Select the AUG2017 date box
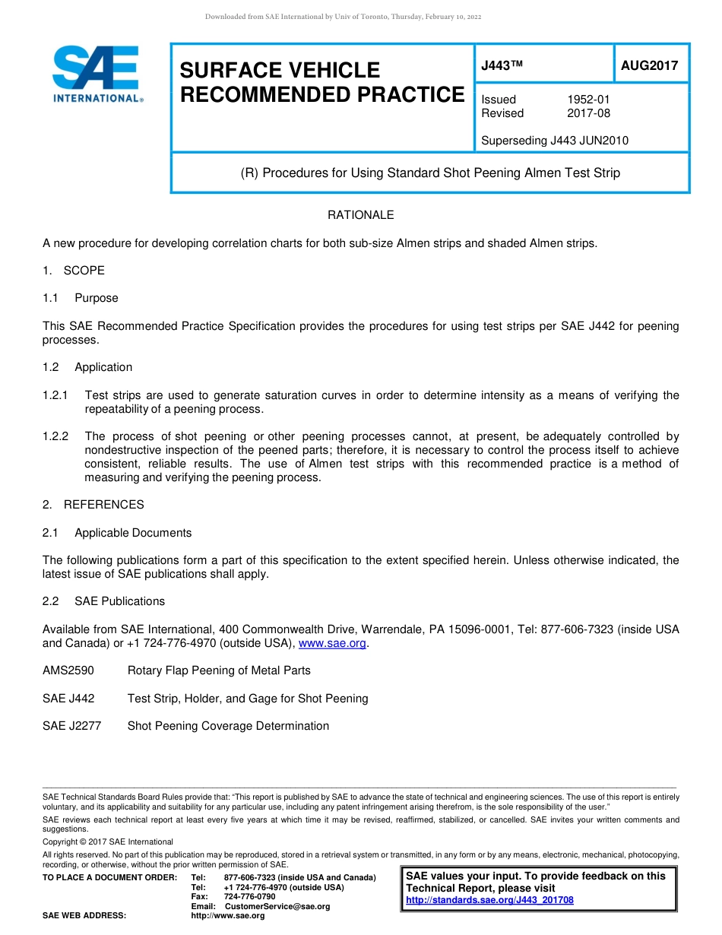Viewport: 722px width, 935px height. tap(650, 65)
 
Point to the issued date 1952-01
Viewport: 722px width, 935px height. tap(588, 100)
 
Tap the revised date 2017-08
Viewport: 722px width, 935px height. tap(588, 113)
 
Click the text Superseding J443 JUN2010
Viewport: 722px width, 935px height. tap(555, 141)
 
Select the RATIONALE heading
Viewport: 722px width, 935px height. tap(360, 215)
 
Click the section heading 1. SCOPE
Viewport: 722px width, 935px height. tap(74, 271)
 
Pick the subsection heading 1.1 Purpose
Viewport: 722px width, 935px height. tap(81, 298)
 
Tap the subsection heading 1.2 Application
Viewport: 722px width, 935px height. tap(87, 367)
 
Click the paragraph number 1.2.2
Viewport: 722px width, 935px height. tap(55, 436)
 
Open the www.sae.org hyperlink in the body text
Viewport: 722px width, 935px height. tap(333, 643)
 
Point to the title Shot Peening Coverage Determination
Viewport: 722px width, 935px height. tap(228, 726)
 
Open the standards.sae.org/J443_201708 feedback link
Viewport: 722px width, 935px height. tap(489, 900)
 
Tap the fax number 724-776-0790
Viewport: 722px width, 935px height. tap(249, 897)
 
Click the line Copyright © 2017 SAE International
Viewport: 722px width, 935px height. tap(108, 841)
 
